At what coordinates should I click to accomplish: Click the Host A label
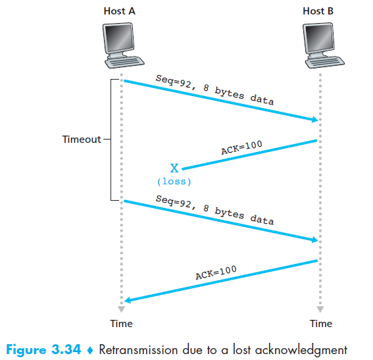point(120,11)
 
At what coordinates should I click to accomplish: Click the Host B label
point(318,11)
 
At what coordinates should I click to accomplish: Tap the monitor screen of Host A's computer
point(118,38)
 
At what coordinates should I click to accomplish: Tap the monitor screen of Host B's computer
point(318,38)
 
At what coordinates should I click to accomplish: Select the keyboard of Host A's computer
point(124,63)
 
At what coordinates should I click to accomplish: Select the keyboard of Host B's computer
point(325,63)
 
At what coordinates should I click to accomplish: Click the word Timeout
point(82,139)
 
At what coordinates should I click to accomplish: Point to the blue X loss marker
point(174,168)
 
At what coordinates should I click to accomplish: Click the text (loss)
point(174,182)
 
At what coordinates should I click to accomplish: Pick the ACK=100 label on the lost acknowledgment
point(241,147)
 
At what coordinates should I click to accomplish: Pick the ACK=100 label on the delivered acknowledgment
point(216,272)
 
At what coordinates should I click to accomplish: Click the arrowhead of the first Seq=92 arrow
point(315,119)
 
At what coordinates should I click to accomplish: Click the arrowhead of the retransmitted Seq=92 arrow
point(315,240)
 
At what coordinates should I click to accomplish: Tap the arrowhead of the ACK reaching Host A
point(128,300)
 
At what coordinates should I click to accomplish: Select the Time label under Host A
point(121,324)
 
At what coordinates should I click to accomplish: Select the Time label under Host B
point(320,324)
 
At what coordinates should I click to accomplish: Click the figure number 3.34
point(66,349)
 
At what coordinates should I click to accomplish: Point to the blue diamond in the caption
point(90,350)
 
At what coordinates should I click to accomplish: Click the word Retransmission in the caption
point(138,349)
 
